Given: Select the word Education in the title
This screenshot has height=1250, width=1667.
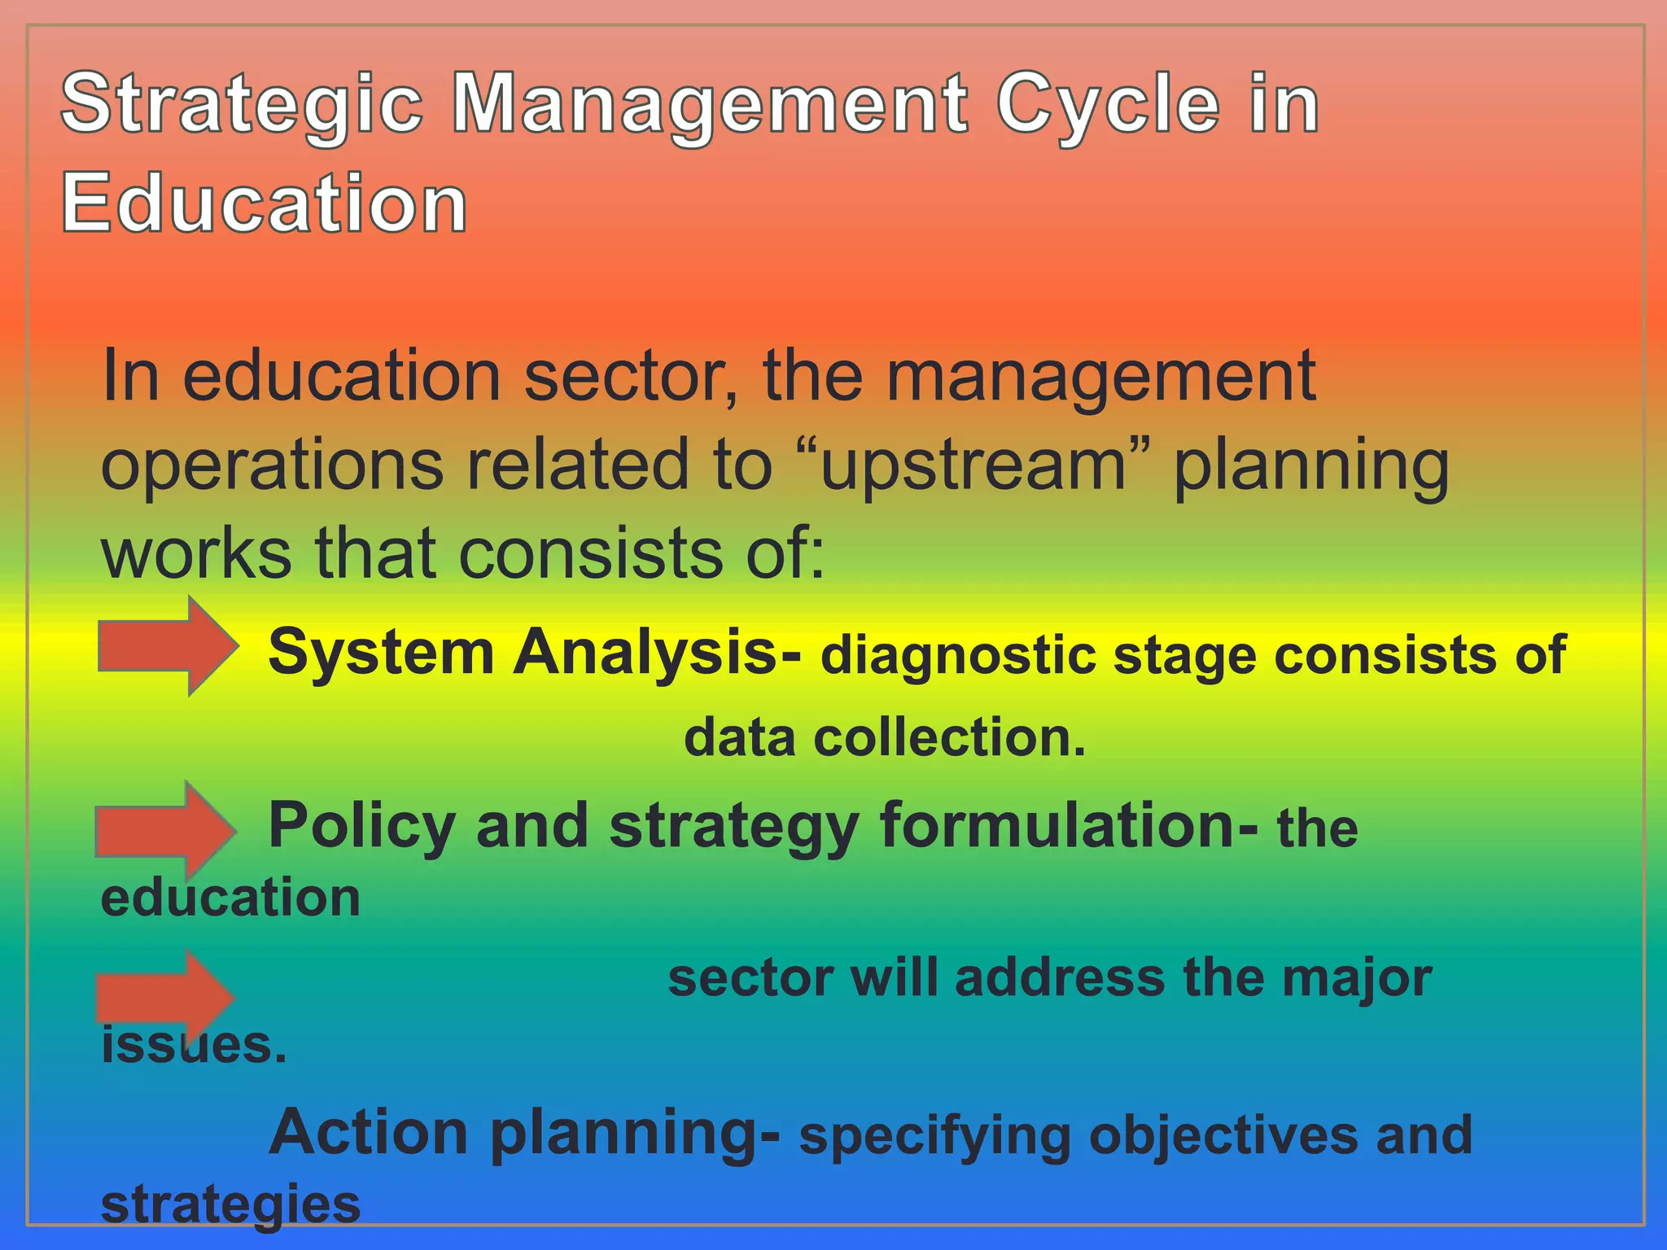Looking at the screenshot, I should pyautogui.click(x=265, y=203).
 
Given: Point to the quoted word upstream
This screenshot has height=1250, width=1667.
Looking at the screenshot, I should pyautogui.click(x=974, y=465).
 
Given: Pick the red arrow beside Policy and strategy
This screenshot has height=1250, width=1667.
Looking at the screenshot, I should pyautogui.click(x=164, y=831).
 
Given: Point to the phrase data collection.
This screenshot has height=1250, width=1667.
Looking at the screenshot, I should pyautogui.click(x=885, y=737).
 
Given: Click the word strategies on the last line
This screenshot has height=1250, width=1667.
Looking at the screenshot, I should pyautogui.click(x=230, y=1205).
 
